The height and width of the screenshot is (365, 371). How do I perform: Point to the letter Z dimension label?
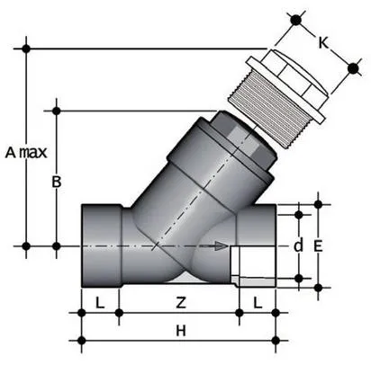point(181,301)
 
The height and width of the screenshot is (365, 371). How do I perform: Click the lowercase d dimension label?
point(298,245)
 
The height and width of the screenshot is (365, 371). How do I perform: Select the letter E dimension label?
point(318,244)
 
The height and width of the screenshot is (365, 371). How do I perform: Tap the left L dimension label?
point(100,301)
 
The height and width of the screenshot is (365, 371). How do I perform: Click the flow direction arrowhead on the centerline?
point(222,245)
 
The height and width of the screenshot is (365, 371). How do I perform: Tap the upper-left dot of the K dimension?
point(293,17)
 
